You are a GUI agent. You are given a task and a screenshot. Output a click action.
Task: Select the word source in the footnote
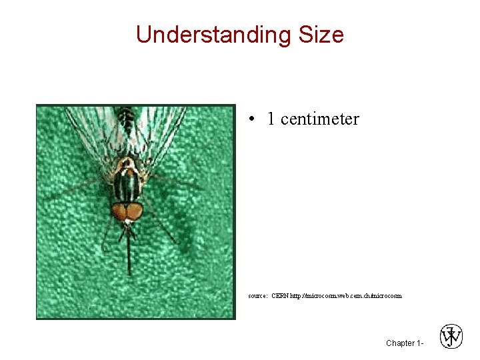tap(257, 295)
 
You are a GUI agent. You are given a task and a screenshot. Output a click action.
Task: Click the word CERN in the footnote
tap(280, 295)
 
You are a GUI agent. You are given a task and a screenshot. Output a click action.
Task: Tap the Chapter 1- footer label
tap(404, 343)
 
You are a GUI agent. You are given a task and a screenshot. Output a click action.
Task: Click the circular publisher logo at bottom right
tap(451, 337)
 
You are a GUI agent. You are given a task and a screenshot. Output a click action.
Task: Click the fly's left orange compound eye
tap(119, 212)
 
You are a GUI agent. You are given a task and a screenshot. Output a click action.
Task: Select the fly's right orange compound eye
tap(135, 212)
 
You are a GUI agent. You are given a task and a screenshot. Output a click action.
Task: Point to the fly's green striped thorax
tap(127, 183)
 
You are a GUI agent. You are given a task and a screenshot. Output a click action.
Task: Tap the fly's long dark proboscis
tap(128, 253)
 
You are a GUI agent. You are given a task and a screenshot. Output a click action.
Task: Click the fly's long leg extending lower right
tap(163, 230)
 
